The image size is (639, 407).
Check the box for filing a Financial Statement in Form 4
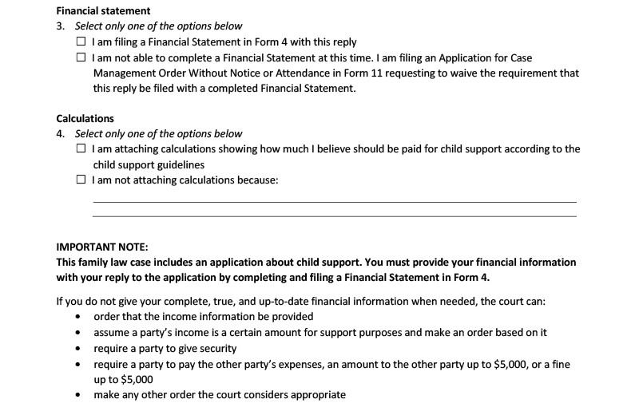click(81, 41)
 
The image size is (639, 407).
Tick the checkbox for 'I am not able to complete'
click(81, 58)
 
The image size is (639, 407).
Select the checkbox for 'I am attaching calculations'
click(81, 149)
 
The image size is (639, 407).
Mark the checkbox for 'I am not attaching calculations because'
click(81, 180)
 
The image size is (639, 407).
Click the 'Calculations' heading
click(85, 119)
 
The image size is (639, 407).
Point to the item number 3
click(60, 26)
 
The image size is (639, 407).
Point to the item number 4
click(60, 134)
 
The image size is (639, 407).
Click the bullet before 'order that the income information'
click(77, 317)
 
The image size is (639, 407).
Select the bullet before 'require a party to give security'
click(77, 348)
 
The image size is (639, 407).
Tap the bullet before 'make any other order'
click(77, 394)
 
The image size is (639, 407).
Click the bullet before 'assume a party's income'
click(77, 332)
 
